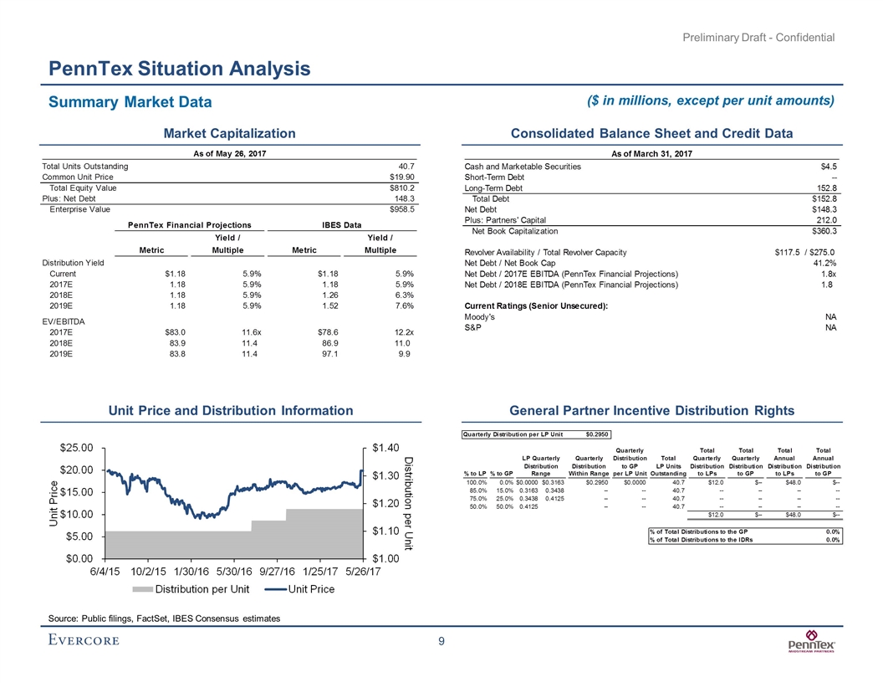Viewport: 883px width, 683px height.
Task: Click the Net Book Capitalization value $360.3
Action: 824,230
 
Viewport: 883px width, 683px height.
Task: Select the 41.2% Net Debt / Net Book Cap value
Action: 824,263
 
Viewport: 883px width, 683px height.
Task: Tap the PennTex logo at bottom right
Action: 813,646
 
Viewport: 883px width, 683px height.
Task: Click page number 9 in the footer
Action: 441,643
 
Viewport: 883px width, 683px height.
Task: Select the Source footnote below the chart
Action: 164,618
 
